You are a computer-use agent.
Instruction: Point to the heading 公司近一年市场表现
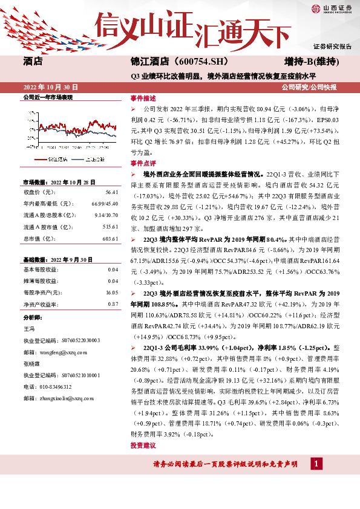48,97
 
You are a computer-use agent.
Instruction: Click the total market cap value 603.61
110,239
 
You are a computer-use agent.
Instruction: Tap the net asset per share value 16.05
112,292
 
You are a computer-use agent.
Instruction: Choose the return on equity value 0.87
113,303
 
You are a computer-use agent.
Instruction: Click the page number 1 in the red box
315,464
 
